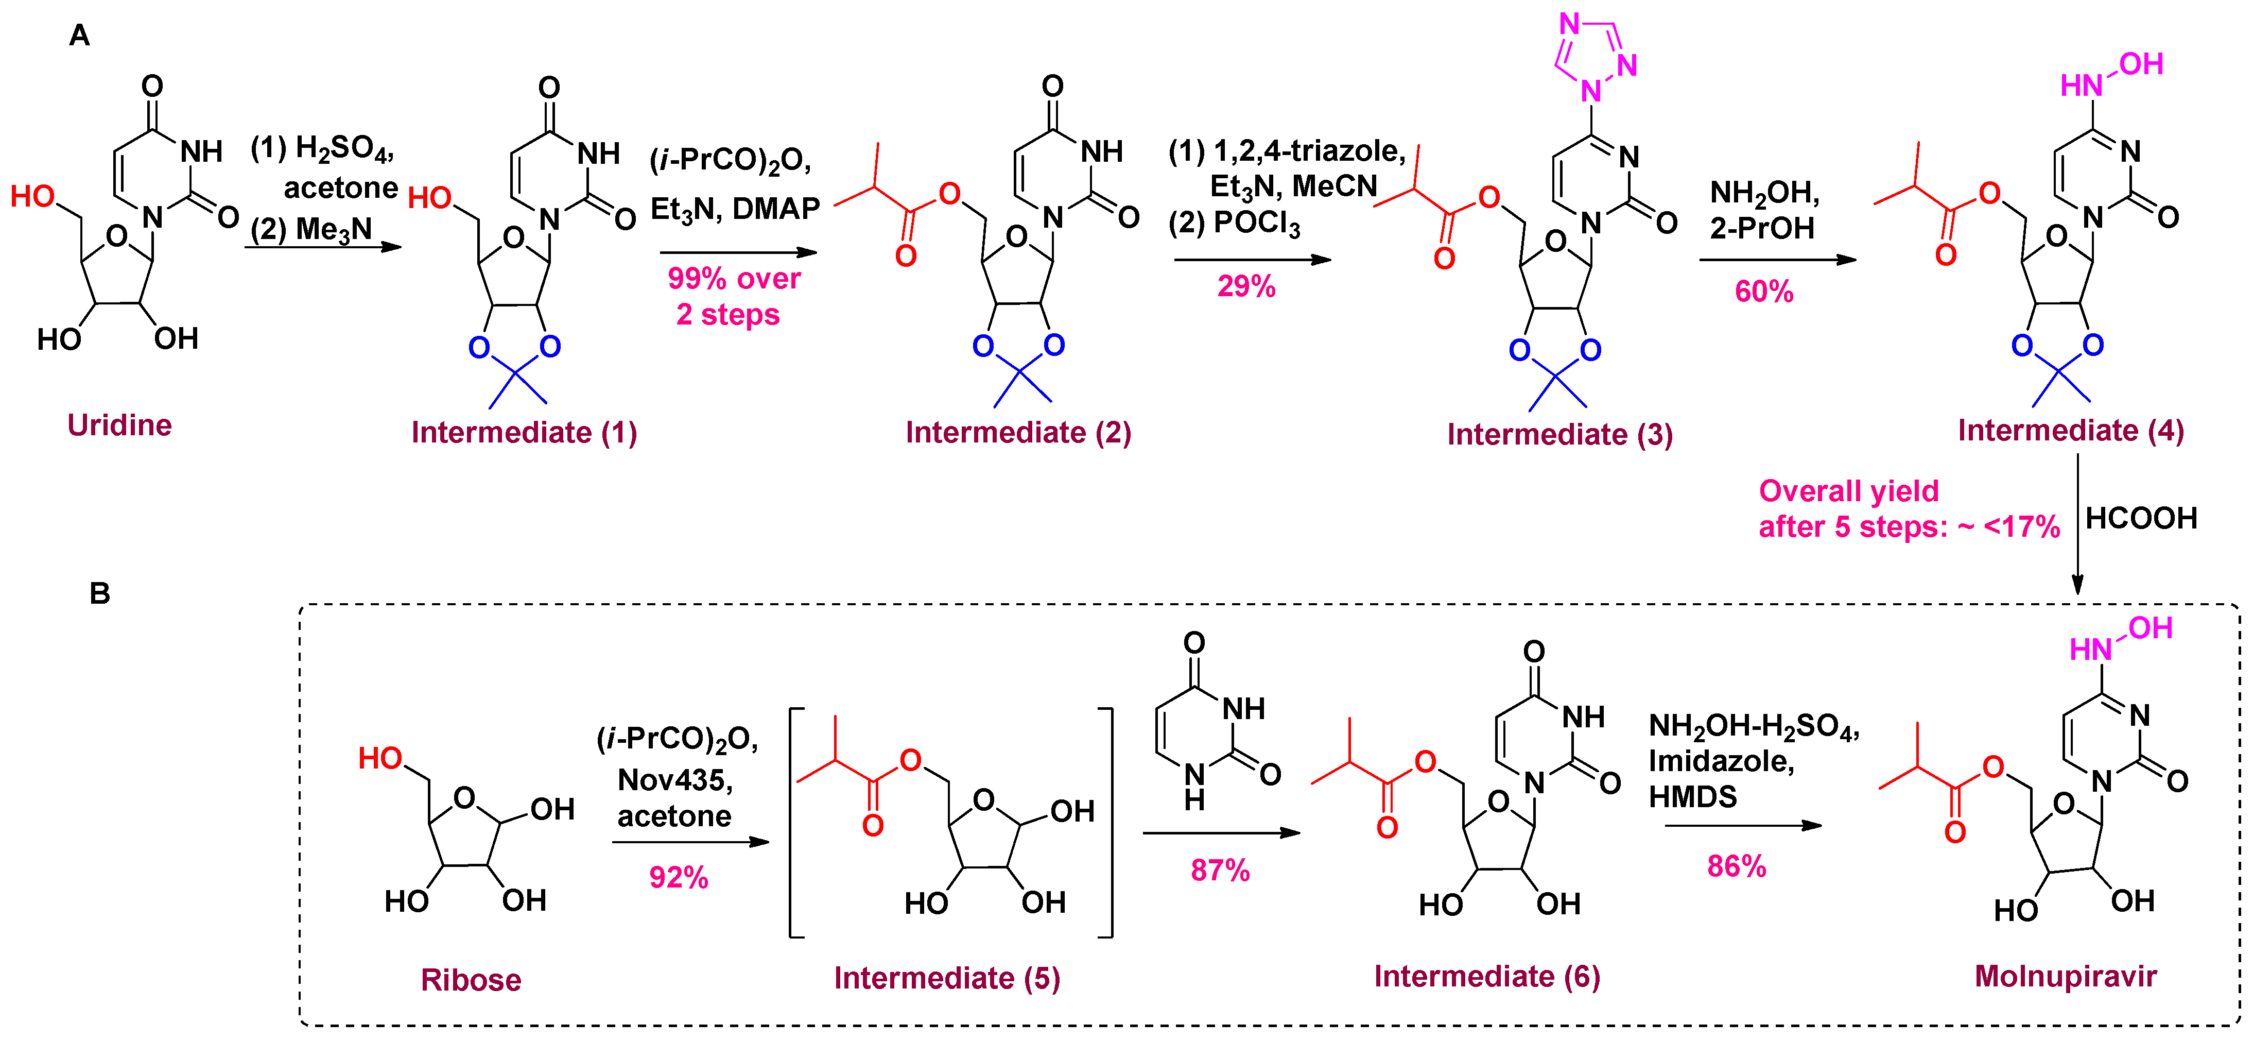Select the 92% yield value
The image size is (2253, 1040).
[x=678, y=877]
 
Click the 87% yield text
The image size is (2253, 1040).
[x=1220, y=871]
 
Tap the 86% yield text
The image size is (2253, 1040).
[x=1736, y=866]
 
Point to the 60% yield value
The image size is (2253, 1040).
[x=1763, y=291]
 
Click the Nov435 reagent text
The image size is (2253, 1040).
[x=674, y=779]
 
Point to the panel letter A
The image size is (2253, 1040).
[x=80, y=36]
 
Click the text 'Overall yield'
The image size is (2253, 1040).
[x=1848, y=491]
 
